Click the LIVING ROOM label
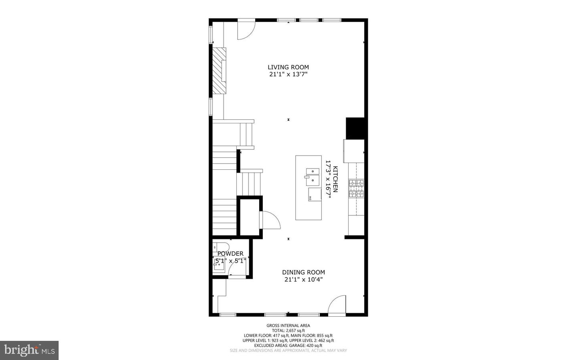[x=288, y=67]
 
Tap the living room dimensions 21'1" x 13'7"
[x=288, y=74]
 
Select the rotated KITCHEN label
[x=335, y=179]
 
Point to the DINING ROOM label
[x=303, y=272]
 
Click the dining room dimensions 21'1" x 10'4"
[x=303, y=280]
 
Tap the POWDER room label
[x=230, y=253]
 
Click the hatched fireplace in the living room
[x=219, y=70]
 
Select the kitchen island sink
[x=312, y=177]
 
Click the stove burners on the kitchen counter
[x=356, y=188]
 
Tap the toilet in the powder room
[x=220, y=246]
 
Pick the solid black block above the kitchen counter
[x=355, y=128]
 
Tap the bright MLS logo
[x=29, y=350]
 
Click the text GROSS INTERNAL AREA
[x=288, y=326]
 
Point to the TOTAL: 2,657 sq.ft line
[x=288, y=330]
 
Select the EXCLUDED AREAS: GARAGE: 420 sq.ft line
[x=288, y=345]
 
